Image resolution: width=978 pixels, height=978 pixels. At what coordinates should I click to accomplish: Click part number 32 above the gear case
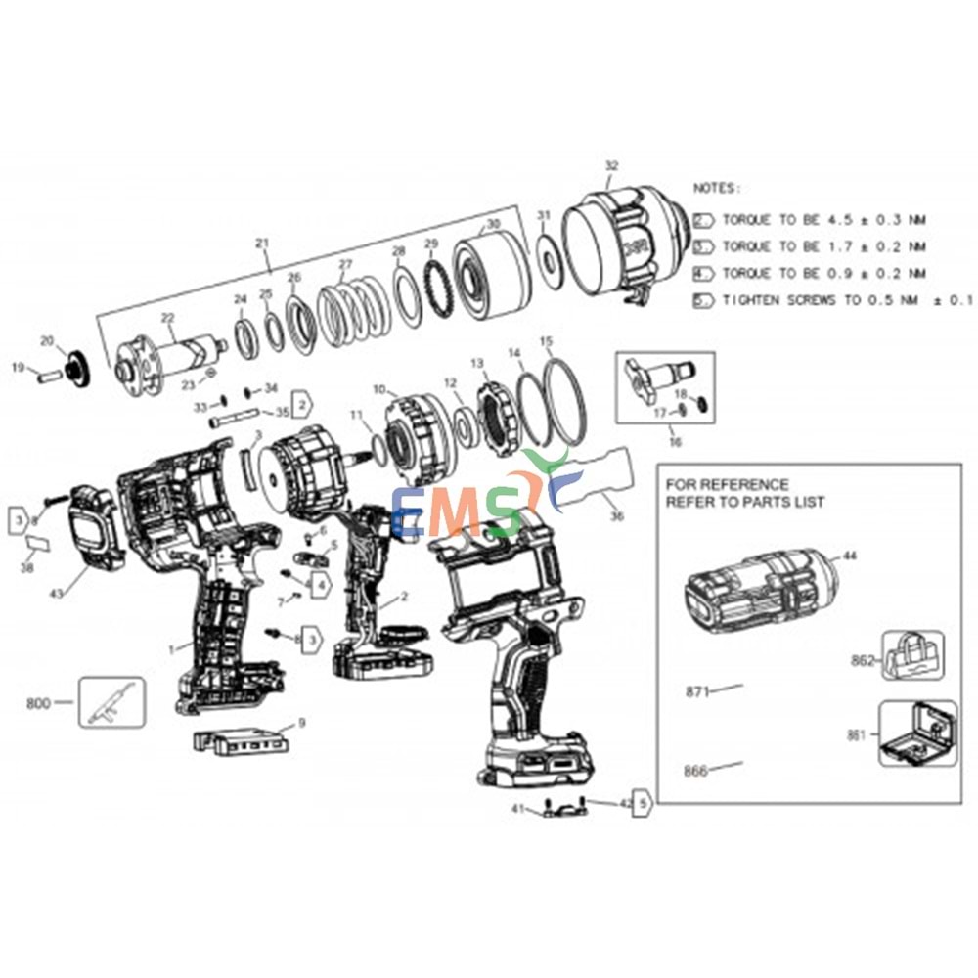612,166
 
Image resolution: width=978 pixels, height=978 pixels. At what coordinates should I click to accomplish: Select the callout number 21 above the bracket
261,243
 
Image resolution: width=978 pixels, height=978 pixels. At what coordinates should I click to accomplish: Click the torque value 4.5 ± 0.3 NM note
822,220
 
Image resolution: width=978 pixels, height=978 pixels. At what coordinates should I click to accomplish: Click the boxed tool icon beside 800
111,702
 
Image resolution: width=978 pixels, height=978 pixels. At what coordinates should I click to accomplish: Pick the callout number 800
38,702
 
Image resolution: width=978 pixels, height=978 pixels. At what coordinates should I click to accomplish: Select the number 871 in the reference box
695,691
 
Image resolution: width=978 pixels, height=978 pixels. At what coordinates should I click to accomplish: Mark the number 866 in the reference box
695,771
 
